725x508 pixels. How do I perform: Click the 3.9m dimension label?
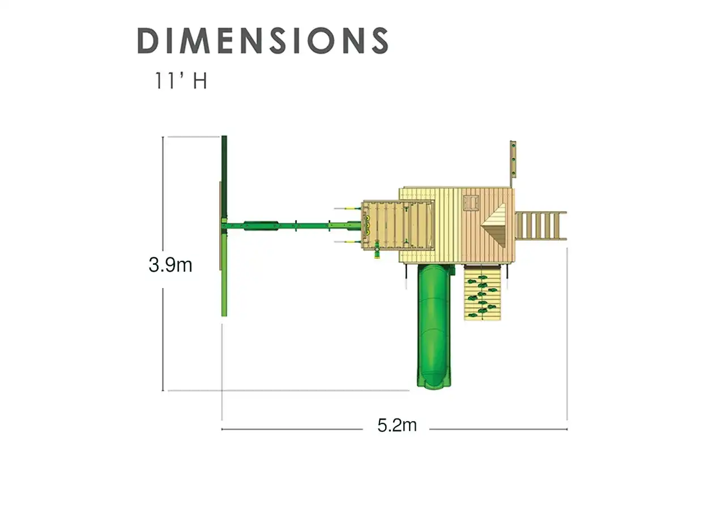pyautogui.click(x=170, y=265)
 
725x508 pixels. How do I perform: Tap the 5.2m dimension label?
pyautogui.click(x=397, y=425)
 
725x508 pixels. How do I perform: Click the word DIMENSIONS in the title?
pyautogui.click(x=263, y=40)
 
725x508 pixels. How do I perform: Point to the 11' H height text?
pyautogui.click(x=181, y=81)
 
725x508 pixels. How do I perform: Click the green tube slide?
pyautogui.click(x=433, y=326)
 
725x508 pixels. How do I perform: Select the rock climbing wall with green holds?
pyautogui.click(x=482, y=293)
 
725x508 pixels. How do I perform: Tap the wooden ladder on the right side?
pyautogui.click(x=540, y=226)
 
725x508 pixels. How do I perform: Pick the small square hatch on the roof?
pyautogui.click(x=471, y=203)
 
